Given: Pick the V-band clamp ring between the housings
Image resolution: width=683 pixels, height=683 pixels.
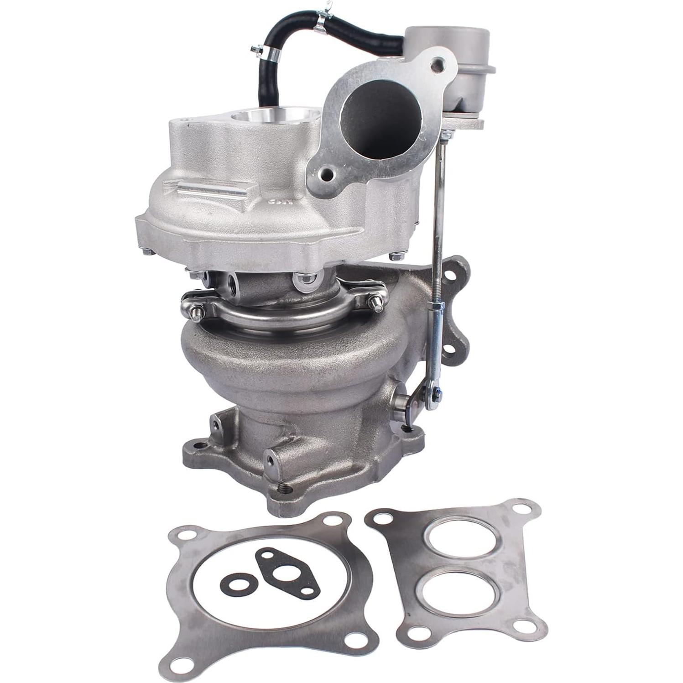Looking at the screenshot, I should tap(283, 315).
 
